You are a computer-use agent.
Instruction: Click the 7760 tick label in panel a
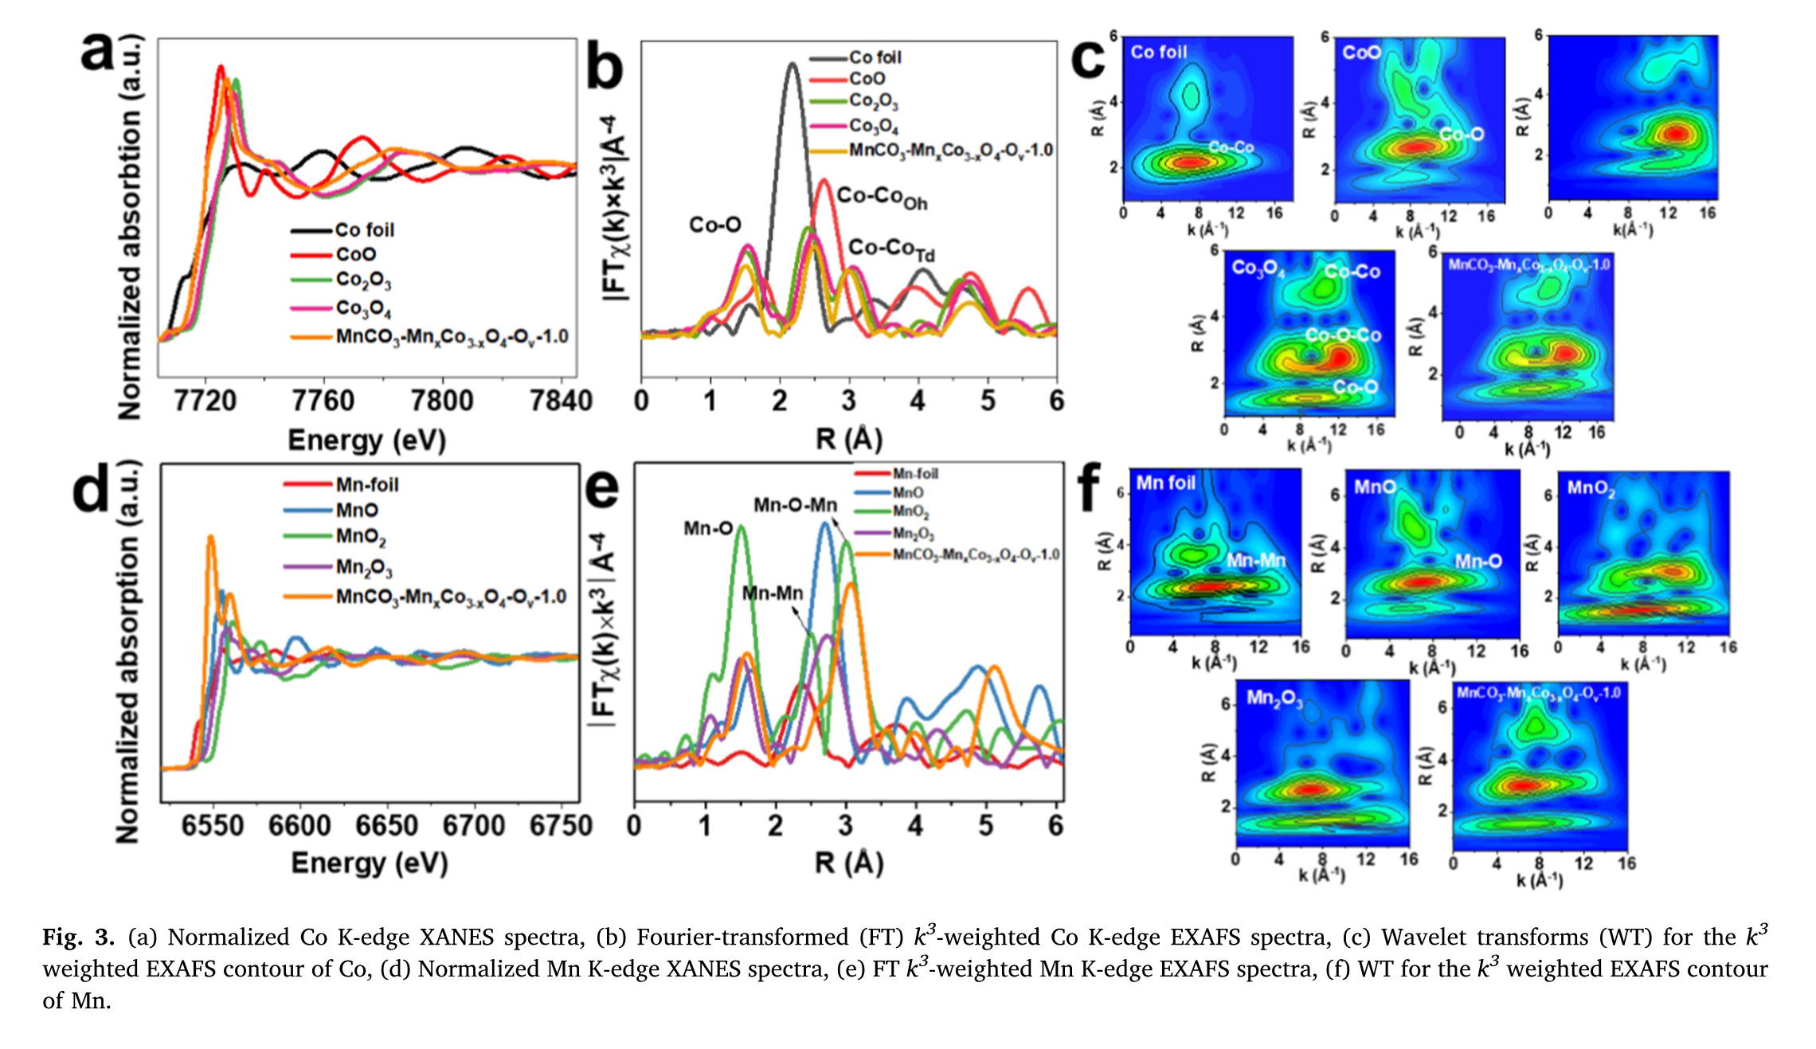tap(323, 400)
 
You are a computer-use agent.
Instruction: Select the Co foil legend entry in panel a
tap(364, 230)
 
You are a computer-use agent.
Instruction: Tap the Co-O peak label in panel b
tap(714, 225)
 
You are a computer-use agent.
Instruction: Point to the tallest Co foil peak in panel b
tap(791, 65)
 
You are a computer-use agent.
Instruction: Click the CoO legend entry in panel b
tap(867, 79)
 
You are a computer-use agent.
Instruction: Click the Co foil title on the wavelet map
tap(1158, 53)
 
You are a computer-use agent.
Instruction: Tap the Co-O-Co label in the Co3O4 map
tap(1343, 335)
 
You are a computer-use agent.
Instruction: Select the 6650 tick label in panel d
tap(386, 826)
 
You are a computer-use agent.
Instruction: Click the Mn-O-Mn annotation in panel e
tap(795, 505)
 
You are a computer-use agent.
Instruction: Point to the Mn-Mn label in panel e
tap(772, 593)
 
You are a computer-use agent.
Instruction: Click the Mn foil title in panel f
tap(1165, 483)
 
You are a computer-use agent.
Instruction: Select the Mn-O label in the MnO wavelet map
tap(1478, 562)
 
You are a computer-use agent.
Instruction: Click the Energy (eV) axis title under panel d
tap(370, 863)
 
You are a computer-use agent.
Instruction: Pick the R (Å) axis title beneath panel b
tap(849, 440)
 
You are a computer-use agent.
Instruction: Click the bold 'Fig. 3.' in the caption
tap(78, 937)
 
